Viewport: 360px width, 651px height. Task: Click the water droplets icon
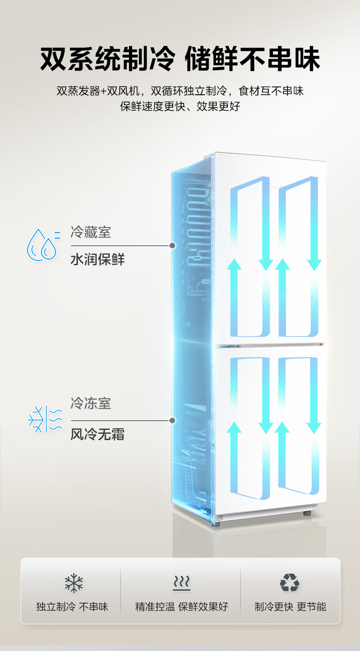pyautogui.click(x=44, y=245)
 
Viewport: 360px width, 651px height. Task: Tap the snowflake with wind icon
pyautogui.click(x=45, y=419)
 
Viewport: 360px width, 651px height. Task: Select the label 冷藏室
pyautogui.click(x=91, y=232)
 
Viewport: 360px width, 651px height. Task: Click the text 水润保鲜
pyautogui.click(x=98, y=259)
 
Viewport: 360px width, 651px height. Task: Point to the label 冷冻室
pyautogui.click(x=91, y=403)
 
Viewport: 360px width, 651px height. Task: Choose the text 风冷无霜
pyautogui.click(x=98, y=434)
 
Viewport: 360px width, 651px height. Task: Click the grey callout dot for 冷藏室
pyautogui.click(x=172, y=246)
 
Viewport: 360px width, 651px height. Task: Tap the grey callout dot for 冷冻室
pyautogui.click(x=172, y=420)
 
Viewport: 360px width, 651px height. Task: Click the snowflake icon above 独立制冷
pyautogui.click(x=74, y=583)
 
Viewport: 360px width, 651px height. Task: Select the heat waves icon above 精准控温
pyautogui.click(x=182, y=583)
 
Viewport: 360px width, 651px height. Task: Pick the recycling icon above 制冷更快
pyautogui.click(x=290, y=583)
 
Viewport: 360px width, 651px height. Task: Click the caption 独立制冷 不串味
pyautogui.click(x=72, y=606)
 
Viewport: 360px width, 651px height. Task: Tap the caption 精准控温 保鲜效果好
pyautogui.click(x=182, y=606)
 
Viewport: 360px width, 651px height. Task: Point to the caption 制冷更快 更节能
pyautogui.click(x=290, y=606)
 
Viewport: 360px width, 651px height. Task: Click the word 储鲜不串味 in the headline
pyautogui.click(x=252, y=59)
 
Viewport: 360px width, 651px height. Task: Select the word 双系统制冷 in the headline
pyautogui.click(x=108, y=59)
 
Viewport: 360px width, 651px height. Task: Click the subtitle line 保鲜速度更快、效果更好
pyautogui.click(x=180, y=106)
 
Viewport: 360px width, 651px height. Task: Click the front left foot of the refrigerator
pyautogui.click(x=216, y=524)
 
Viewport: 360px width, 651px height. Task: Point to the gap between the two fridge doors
pyautogui.click(x=270, y=345)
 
